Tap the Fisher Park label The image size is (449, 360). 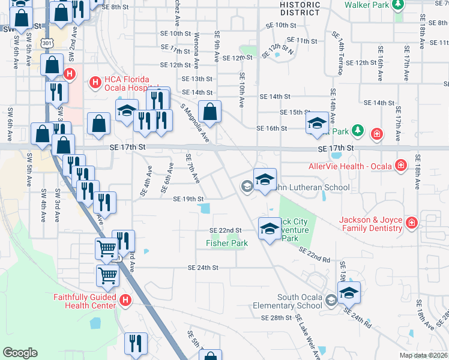pyautogui.click(x=227, y=243)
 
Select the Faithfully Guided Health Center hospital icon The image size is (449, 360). pyautogui.click(x=125, y=300)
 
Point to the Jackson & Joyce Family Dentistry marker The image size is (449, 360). pyautogui.click(x=412, y=224)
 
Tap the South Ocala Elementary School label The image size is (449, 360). pyautogui.click(x=300, y=302)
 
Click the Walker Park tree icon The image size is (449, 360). pyautogui.click(x=397, y=5)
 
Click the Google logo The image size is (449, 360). pyautogui.click(x=20, y=353)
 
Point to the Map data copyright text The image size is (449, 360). pyautogui.click(x=424, y=355)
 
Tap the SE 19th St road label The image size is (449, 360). pyautogui.click(x=188, y=199)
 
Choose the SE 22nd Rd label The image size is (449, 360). pyautogui.click(x=315, y=255)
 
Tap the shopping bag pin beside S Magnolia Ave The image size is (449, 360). pyautogui.click(x=210, y=112)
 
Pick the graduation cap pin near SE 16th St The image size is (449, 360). pyautogui.click(x=317, y=123)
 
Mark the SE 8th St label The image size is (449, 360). pyautogui.click(x=116, y=7)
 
